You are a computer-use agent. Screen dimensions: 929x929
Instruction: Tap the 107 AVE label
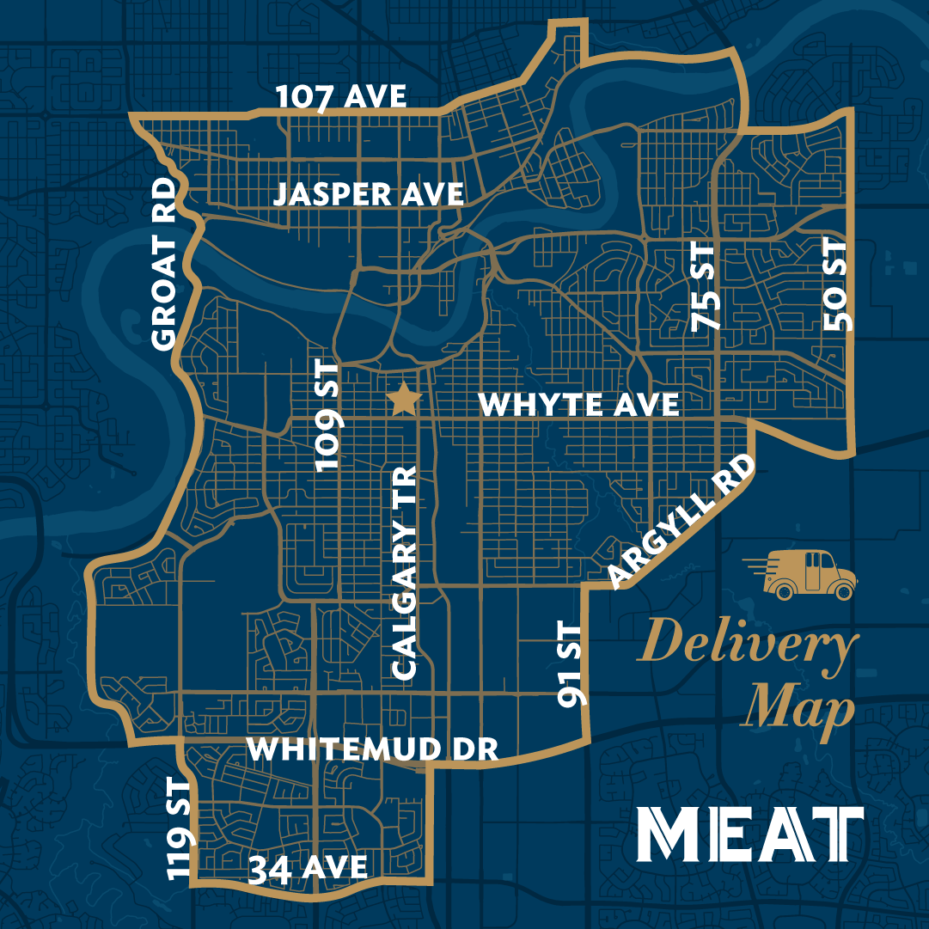[x=341, y=98]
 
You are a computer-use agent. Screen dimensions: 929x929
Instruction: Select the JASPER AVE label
[x=369, y=195]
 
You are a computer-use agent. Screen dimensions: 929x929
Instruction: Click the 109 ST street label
[x=329, y=417]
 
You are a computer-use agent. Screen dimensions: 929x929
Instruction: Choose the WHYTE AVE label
[x=578, y=405]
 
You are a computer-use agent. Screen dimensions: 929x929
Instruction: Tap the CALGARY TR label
[x=403, y=572]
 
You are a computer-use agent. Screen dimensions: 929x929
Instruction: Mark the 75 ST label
[x=703, y=286]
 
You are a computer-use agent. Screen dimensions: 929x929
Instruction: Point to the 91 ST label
[x=570, y=665]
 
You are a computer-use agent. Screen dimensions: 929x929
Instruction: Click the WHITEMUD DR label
[x=373, y=749]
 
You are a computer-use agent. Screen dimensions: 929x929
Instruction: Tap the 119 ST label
[x=180, y=828]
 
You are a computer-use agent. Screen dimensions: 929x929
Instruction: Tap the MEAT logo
[x=750, y=834]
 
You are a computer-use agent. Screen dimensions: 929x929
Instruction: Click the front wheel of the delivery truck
[x=844, y=591]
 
